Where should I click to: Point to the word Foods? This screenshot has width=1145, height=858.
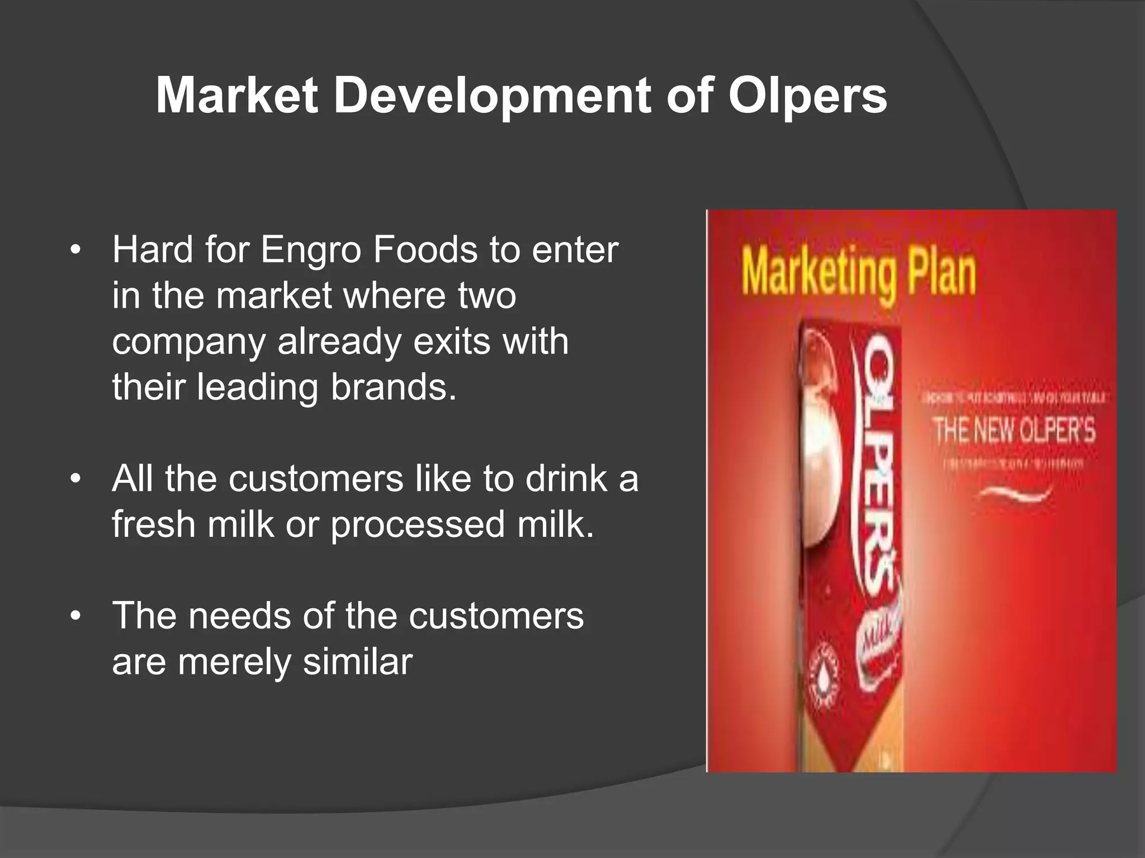pos(425,250)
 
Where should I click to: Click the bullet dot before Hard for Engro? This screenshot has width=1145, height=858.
pos(75,250)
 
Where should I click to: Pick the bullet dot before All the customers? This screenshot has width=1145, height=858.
pos(75,479)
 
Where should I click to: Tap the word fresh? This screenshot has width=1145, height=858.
pos(153,525)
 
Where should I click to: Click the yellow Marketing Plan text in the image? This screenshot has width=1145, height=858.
pos(858,274)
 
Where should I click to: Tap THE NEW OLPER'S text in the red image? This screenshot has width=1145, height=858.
pos(1014,430)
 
